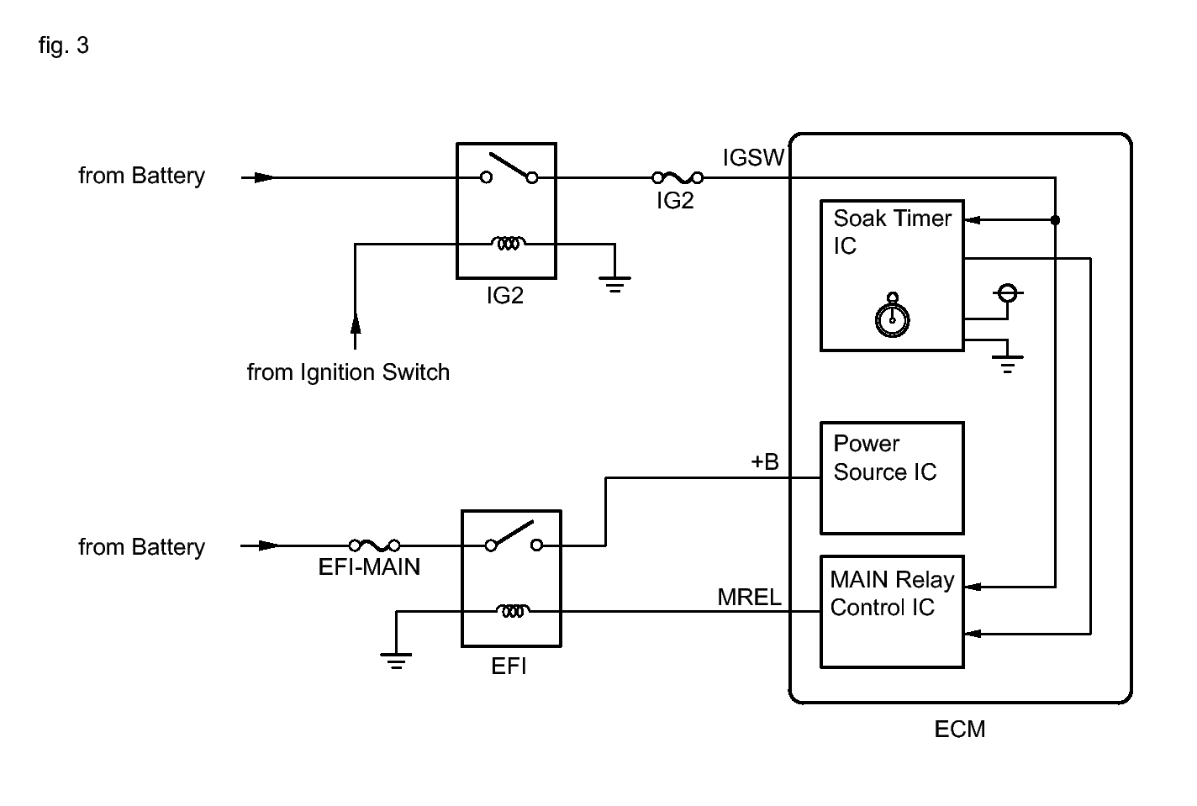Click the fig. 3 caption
63,45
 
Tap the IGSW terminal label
753,157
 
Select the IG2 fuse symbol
678,177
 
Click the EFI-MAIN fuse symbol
374,545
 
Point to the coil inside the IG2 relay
509,244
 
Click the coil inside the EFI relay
513,610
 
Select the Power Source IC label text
885,458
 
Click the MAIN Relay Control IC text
892,593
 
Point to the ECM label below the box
960,729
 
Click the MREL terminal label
749,598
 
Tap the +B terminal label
765,461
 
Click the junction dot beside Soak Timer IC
1055,220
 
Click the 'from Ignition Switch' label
348,372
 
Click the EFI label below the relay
509,666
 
